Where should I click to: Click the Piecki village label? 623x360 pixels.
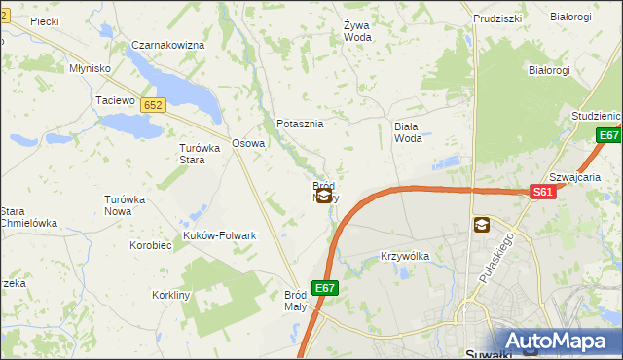45,19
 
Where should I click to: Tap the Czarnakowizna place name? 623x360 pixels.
167,45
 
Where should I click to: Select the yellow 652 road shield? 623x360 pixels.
152,104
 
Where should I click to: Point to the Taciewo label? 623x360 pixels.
114,100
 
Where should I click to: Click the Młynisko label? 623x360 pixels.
90,69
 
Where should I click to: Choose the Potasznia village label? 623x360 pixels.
300,124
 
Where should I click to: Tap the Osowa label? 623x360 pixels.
248,143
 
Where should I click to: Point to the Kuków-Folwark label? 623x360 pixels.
220,235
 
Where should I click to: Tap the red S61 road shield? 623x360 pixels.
543,194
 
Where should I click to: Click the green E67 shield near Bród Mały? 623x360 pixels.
325,288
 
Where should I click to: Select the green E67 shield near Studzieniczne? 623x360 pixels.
609,135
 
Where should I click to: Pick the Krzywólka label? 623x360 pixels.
404,256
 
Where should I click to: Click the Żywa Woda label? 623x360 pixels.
357,32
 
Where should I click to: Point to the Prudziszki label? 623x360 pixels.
497,18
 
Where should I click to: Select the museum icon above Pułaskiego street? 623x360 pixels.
481,225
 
